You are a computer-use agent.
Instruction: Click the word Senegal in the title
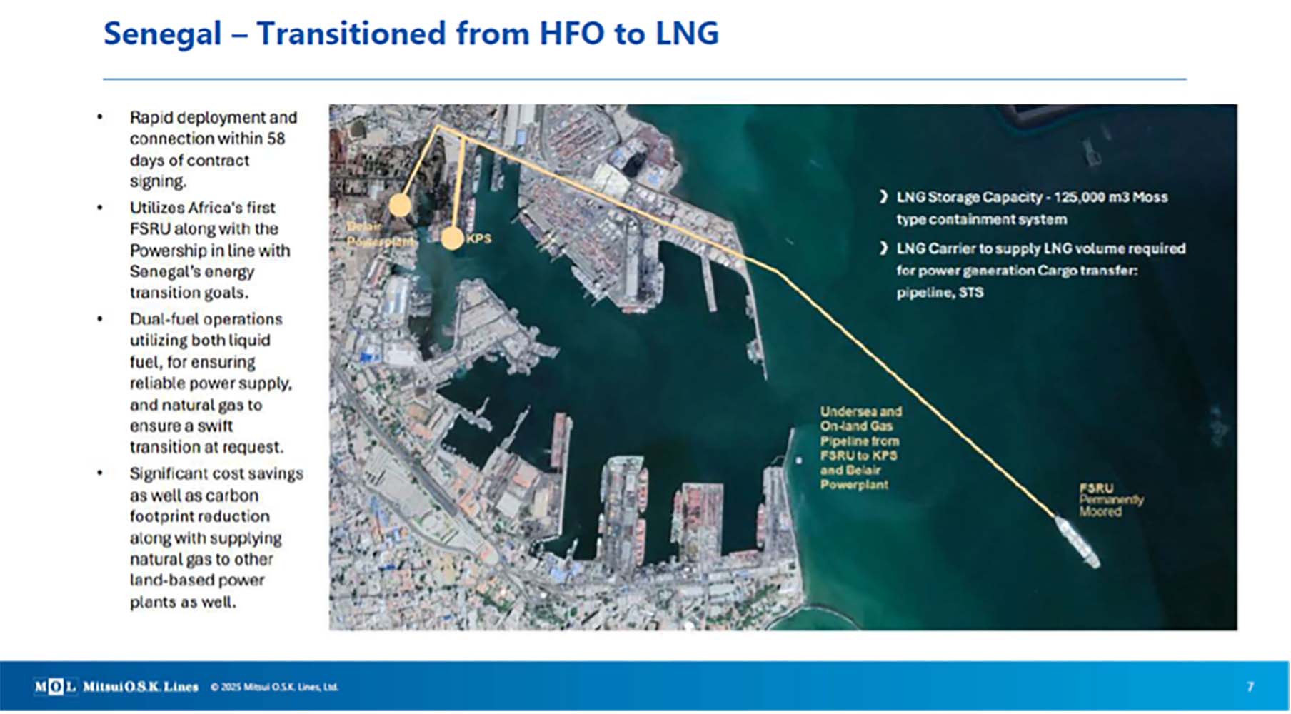(x=163, y=34)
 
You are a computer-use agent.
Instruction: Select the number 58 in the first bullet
(x=276, y=139)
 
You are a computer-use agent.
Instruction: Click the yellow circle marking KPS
(x=452, y=238)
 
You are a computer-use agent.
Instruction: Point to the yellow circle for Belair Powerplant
(x=400, y=206)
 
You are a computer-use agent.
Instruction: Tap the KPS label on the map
(x=478, y=238)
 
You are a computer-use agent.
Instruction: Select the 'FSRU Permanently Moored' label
(x=1110, y=500)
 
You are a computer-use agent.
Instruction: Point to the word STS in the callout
(x=971, y=293)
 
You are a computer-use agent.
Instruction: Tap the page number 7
(x=1250, y=687)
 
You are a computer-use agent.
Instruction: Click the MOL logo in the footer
(x=54, y=687)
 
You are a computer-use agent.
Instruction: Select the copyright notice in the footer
(x=274, y=688)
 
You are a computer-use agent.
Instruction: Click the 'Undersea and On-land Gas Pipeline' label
(x=860, y=448)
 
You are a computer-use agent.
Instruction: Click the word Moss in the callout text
(x=1150, y=198)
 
